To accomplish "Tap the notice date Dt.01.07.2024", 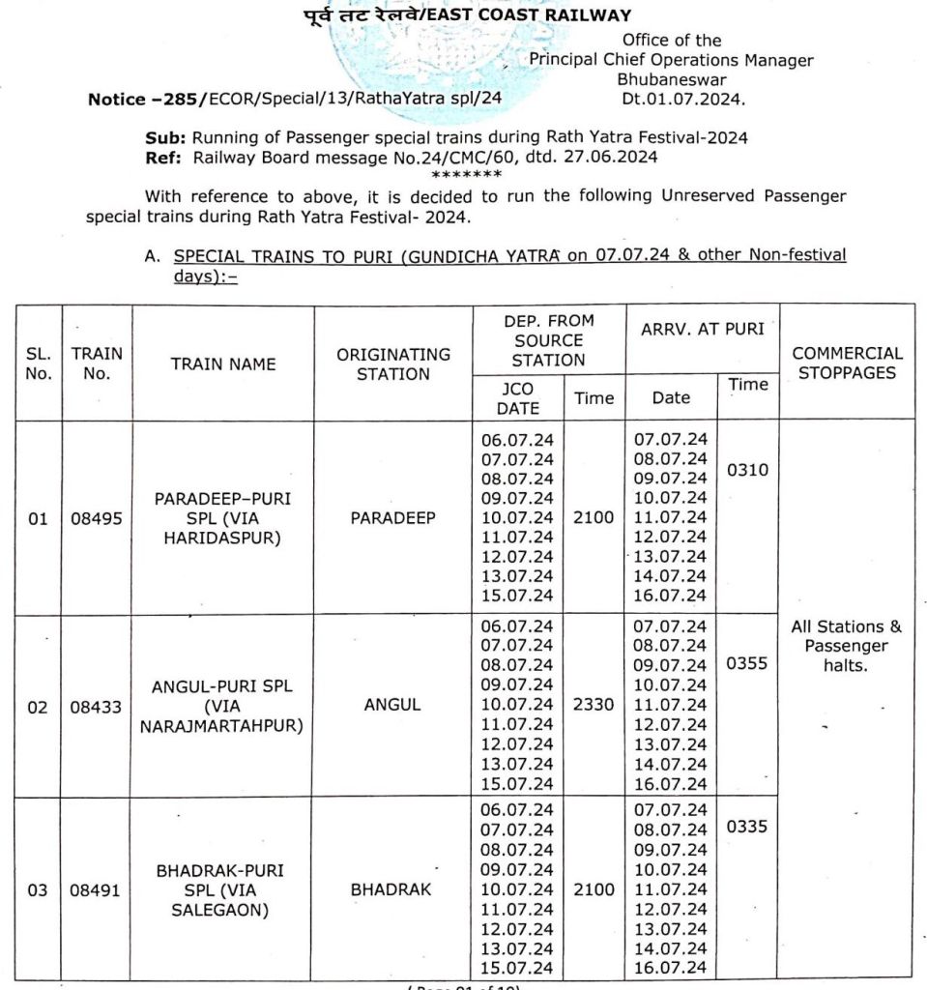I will pyautogui.click(x=684, y=99).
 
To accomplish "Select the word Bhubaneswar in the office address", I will pyautogui.click(x=671, y=79).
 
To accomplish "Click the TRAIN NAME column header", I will pyautogui.click(x=223, y=364).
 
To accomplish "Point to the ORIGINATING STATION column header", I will pyautogui.click(x=392, y=364).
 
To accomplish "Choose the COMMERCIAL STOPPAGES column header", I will pyautogui.click(x=847, y=363).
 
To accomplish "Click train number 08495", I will pyautogui.click(x=97, y=518).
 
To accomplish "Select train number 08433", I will pyautogui.click(x=97, y=706).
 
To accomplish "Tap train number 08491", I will pyautogui.click(x=97, y=889).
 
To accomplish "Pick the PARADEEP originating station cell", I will pyautogui.click(x=392, y=518).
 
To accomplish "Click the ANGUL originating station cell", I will pyautogui.click(x=392, y=706).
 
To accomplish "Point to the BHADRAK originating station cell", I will pyautogui.click(x=392, y=889).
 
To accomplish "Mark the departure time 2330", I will pyautogui.click(x=593, y=705).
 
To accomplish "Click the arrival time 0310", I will pyautogui.click(x=747, y=470).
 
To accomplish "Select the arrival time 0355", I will pyautogui.click(x=747, y=664).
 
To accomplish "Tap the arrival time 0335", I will pyautogui.click(x=747, y=828).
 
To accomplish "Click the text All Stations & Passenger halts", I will pyautogui.click(x=846, y=646).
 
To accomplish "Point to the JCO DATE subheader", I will pyautogui.click(x=517, y=397).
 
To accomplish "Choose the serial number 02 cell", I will pyautogui.click(x=38, y=707).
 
